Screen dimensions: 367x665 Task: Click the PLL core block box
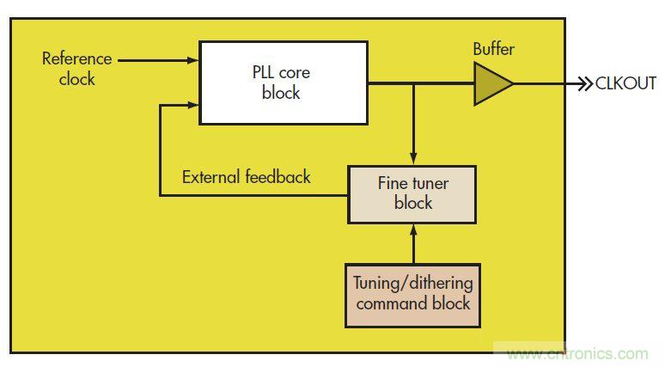click(x=284, y=83)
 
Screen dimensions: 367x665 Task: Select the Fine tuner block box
click(x=412, y=193)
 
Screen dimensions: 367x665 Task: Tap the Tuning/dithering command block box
click(x=412, y=295)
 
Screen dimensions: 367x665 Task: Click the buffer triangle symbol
click(x=491, y=83)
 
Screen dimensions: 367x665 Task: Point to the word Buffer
click(x=494, y=49)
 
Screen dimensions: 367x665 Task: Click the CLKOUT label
click(x=625, y=84)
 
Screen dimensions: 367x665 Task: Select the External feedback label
click(x=247, y=177)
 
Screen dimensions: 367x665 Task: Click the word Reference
click(x=76, y=59)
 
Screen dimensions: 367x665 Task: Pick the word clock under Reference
click(x=76, y=79)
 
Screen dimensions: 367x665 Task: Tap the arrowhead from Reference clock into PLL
click(x=193, y=60)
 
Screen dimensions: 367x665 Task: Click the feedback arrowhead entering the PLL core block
click(x=193, y=105)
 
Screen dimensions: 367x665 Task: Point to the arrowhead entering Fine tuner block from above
click(x=414, y=160)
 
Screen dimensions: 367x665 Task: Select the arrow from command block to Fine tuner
click(x=414, y=242)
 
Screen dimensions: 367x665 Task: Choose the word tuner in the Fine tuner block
click(x=430, y=183)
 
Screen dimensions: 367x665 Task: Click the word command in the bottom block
click(x=395, y=304)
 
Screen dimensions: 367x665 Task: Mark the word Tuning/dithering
click(x=413, y=283)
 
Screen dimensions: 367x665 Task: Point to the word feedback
click(x=277, y=177)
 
